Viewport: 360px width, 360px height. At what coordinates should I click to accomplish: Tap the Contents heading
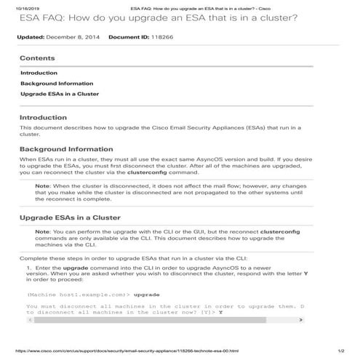pos(36,57)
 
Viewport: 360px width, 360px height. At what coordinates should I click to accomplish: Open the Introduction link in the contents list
pos(39,73)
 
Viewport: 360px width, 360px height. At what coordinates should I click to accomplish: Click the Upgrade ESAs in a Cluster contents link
pos(60,94)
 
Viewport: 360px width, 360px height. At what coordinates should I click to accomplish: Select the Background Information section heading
pos(66,148)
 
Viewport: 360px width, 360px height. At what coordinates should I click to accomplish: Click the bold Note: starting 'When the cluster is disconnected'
pos(43,186)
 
